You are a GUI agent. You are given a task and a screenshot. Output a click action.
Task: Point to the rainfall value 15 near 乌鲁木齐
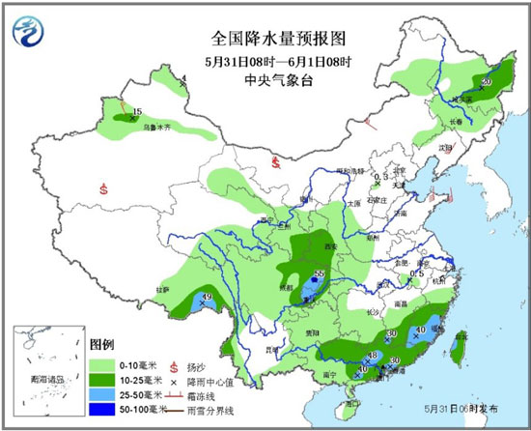point(137,112)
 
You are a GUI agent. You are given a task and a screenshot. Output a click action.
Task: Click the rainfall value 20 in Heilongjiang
point(486,82)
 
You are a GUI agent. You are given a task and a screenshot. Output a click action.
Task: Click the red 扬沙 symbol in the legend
point(174,364)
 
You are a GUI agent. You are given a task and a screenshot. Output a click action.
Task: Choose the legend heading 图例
point(102,344)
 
